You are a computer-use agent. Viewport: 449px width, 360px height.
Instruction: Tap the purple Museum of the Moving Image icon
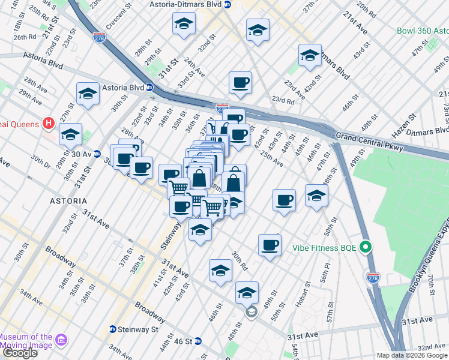tap(61, 341)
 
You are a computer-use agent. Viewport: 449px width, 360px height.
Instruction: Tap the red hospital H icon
tap(49, 125)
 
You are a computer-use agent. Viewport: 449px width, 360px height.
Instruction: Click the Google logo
tap(19, 352)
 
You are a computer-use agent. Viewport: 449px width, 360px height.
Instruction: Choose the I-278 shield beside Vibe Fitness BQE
tap(372, 277)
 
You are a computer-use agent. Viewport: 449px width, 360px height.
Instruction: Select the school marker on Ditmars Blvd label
tap(309, 56)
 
